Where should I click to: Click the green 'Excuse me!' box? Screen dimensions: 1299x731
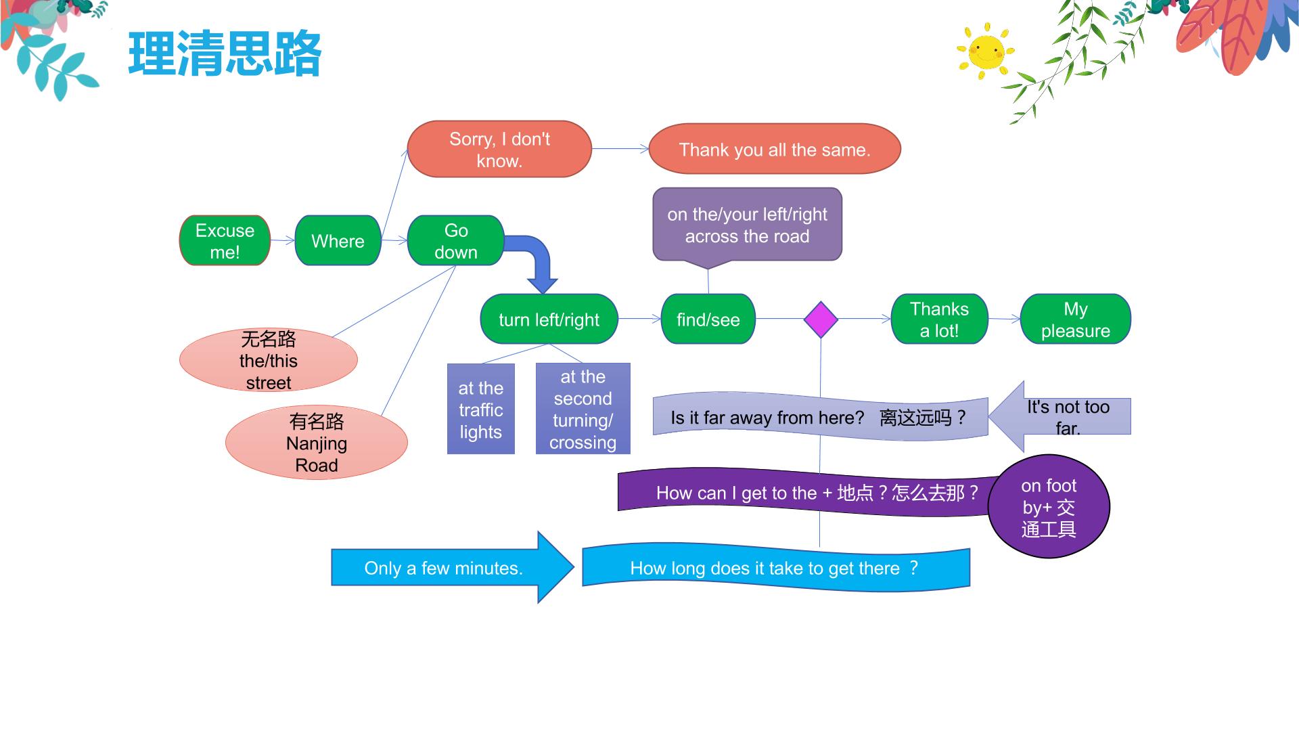225,240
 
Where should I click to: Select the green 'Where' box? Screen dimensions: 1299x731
338,240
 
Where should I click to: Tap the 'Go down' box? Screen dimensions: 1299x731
456,240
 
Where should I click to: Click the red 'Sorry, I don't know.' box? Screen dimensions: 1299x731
499,149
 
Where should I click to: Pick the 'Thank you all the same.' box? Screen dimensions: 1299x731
775,149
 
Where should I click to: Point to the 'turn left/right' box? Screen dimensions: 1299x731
549,319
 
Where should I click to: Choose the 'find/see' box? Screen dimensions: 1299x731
708,319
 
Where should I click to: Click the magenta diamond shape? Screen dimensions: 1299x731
821,319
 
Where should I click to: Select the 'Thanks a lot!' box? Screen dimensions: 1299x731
939,319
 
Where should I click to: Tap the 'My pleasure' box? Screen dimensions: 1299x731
1075,319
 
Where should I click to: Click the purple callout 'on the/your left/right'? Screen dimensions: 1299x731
747,225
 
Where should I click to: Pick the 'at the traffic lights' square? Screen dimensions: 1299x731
480,409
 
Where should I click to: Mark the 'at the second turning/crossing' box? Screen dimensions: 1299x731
583,409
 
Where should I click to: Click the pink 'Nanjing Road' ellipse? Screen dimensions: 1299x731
316,443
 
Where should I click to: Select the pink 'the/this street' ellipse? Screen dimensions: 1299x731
268,360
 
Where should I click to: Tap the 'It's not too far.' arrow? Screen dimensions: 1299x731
1059,416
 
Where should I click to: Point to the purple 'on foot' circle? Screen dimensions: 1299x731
1049,506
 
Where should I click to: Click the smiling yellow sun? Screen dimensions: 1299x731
986,49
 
